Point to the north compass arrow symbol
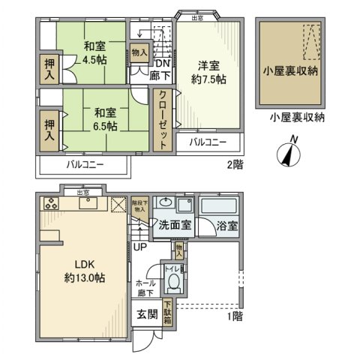click(x=289, y=154)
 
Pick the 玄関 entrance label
click(x=146, y=314)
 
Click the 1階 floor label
click(x=232, y=317)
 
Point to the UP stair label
click(x=140, y=246)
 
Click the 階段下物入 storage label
click(x=139, y=205)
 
